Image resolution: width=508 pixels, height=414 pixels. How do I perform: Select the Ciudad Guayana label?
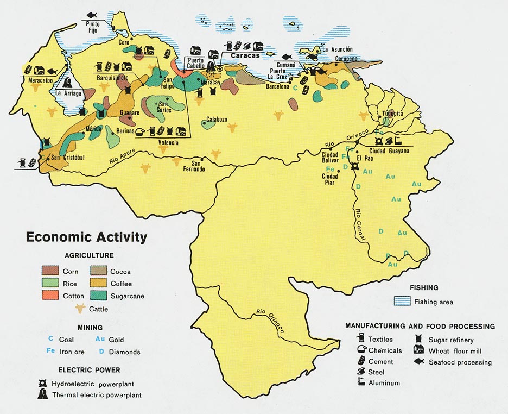[x=389, y=150]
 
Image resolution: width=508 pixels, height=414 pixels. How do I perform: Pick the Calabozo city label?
[x=217, y=120]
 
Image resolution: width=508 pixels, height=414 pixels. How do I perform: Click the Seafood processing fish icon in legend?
[x=419, y=362]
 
